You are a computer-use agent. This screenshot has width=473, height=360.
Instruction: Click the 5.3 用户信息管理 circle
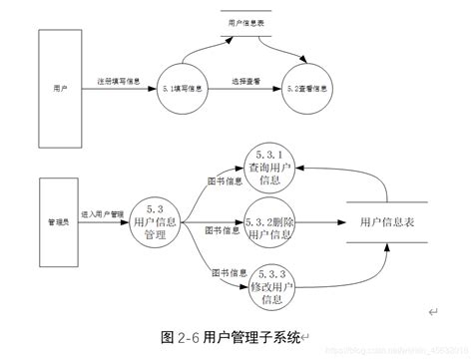(155, 221)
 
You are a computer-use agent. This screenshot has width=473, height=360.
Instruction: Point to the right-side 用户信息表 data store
(387, 224)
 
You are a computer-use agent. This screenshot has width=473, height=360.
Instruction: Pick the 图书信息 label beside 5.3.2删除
(222, 230)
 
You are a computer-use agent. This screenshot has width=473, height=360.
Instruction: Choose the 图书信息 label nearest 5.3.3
(223, 270)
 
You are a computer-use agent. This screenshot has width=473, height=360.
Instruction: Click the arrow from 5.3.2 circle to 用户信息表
(319, 223)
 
